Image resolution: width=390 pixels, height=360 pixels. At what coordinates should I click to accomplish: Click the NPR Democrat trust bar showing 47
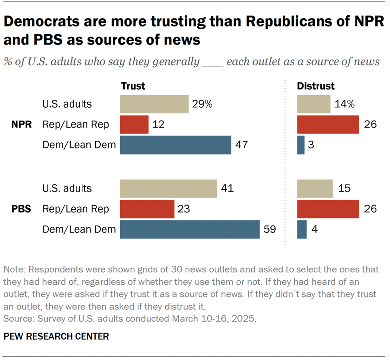tap(175, 145)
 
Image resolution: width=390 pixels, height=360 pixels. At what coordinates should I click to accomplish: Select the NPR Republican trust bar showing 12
tap(134, 124)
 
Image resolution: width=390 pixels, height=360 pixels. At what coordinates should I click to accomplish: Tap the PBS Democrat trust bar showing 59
tap(189, 229)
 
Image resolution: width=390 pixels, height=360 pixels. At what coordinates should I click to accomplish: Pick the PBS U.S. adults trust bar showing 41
tap(168, 188)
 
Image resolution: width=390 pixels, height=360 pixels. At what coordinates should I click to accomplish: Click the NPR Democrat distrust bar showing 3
tap(301, 145)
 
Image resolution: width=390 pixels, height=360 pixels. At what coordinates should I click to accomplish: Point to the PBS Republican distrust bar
tap(328, 209)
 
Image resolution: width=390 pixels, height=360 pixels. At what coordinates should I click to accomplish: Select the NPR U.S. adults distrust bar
tap(313, 104)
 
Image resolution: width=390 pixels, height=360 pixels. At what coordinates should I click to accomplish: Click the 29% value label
tap(202, 104)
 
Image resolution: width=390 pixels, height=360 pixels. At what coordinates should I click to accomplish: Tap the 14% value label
tap(344, 104)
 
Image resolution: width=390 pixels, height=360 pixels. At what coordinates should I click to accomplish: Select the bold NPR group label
tap(22, 124)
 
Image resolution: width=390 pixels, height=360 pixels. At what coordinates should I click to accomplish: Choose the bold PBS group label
tap(21, 209)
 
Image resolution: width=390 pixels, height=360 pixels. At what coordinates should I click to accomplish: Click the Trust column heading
tap(133, 86)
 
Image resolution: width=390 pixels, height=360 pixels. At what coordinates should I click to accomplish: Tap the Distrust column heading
tap(316, 86)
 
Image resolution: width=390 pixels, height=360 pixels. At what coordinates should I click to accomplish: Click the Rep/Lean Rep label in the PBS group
tap(76, 209)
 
